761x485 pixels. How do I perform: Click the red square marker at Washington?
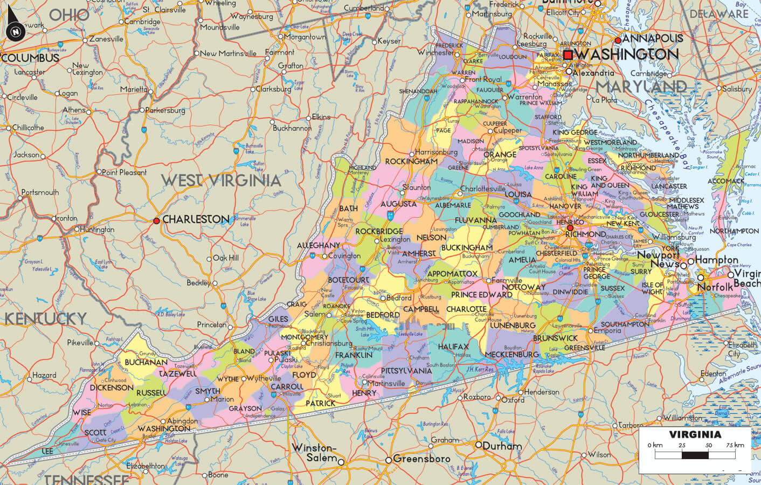click(568, 54)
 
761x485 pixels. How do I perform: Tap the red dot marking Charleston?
click(156, 220)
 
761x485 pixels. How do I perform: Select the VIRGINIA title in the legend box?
click(695, 434)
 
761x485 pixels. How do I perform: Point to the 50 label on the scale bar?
click(708, 445)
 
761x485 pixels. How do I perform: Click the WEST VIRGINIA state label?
click(222, 180)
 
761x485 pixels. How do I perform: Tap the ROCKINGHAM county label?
click(411, 161)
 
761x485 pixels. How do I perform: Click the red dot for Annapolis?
click(618, 40)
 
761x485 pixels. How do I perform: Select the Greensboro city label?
click(421, 459)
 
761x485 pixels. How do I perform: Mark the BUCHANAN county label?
click(146, 362)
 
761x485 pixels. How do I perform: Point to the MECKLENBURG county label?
click(511, 354)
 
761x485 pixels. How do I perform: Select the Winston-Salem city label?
click(314, 453)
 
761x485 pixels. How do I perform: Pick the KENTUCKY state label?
click(45, 318)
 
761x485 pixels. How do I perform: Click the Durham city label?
click(502, 446)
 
